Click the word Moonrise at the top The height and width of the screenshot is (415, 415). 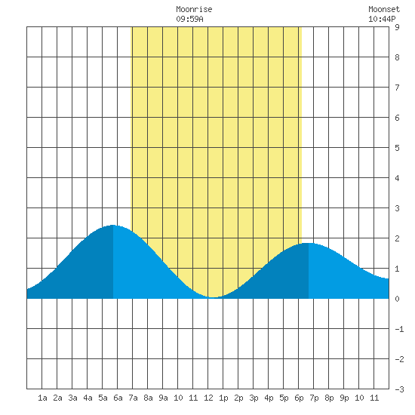[x=194, y=9]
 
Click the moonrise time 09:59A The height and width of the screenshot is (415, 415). [x=189, y=19]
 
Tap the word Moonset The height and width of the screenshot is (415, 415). [x=384, y=9]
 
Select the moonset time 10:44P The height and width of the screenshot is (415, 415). [x=382, y=19]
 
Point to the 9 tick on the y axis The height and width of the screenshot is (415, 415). [x=397, y=27]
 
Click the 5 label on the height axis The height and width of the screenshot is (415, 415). [x=397, y=148]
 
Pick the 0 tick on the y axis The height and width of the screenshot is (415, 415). [x=397, y=299]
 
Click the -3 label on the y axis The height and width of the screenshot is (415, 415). [x=399, y=389]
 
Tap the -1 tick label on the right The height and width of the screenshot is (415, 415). [x=399, y=329]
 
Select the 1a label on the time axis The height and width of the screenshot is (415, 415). [x=42, y=398]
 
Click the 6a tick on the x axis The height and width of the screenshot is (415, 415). [x=118, y=398]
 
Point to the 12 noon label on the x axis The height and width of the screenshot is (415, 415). [x=208, y=398]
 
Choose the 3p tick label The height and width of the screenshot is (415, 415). [x=254, y=398]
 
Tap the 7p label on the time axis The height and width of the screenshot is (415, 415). [x=314, y=398]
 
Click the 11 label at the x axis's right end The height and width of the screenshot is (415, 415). [x=374, y=398]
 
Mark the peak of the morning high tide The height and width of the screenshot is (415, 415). [x=113, y=225]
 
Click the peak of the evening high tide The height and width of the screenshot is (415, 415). [x=309, y=243]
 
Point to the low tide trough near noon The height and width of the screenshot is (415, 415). [x=214, y=297]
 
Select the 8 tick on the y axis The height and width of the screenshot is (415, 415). [x=397, y=57]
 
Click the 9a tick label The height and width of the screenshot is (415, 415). [x=163, y=398]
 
